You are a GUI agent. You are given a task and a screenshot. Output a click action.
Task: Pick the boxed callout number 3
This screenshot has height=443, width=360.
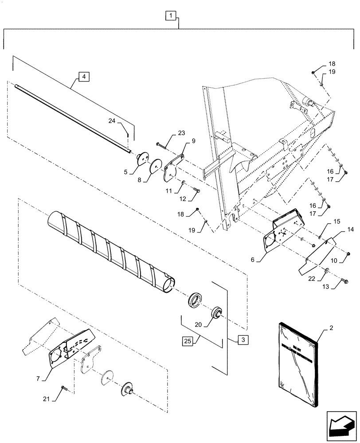(x=242, y=340)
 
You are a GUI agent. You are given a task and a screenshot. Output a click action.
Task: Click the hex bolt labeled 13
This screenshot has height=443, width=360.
(x=345, y=280)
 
